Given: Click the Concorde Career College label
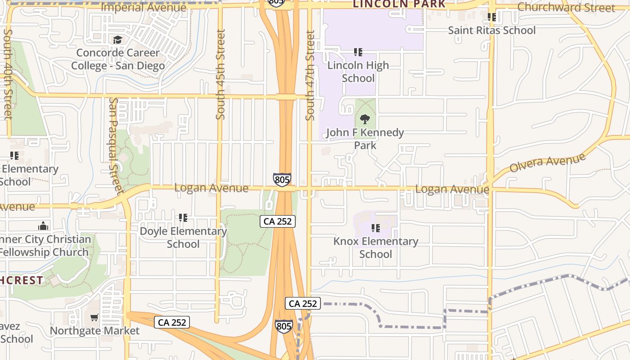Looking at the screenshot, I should tap(118, 59).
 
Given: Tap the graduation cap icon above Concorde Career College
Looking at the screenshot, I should tap(117, 40).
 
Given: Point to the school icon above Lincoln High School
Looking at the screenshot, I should tap(358, 52).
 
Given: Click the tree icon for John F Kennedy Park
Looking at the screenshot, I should tap(365, 119).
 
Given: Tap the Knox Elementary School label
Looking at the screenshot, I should tap(376, 248).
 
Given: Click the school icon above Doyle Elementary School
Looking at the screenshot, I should tap(183, 218).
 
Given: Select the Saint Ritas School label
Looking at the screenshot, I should tap(492, 31).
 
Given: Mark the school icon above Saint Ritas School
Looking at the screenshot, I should tap(492, 17).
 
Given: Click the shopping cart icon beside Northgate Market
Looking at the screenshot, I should tap(94, 318).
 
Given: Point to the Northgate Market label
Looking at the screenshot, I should tap(94, 331).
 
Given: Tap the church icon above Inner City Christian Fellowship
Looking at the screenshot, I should tap(43, 225).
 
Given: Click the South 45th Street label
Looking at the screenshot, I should tap(220, 75).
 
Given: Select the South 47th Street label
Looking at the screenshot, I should tap(310, 76).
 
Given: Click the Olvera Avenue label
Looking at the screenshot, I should tap(547, 162).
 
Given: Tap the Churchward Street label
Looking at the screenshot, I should tap(566, 8).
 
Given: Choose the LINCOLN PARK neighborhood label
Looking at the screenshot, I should tap(399, 4).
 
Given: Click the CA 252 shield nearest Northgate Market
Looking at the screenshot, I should tap(172, 322).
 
